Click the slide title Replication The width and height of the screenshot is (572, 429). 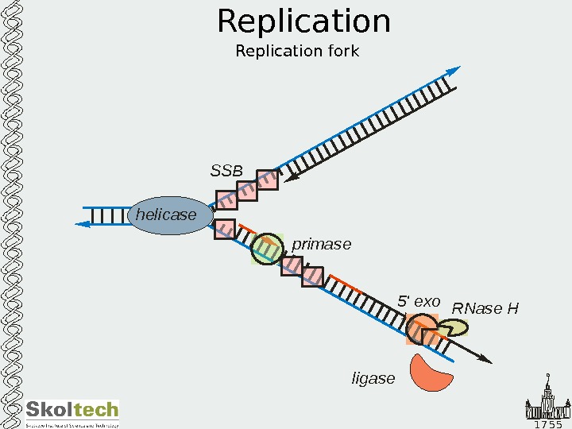tap(303, 22)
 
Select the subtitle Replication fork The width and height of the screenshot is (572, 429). tap(297, 52)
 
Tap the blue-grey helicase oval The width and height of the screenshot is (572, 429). tap(171, 215)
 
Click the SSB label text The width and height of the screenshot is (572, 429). tap(226, 171)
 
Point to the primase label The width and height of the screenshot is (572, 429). tap(321, 245)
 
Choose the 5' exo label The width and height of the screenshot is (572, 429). tap(419, 302)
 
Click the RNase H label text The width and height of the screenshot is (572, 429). tap(485, 308)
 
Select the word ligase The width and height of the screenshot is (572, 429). tap(373, 379)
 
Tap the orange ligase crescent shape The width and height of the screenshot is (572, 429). tap(431, 373)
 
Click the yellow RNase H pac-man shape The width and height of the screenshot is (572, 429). tap(454, 328)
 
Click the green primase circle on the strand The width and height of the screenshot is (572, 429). tap(268, 248)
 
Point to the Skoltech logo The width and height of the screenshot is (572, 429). tap(72, 412)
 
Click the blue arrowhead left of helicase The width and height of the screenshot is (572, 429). tap(82, 224)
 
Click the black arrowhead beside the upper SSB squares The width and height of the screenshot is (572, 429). tap(291, 178)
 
